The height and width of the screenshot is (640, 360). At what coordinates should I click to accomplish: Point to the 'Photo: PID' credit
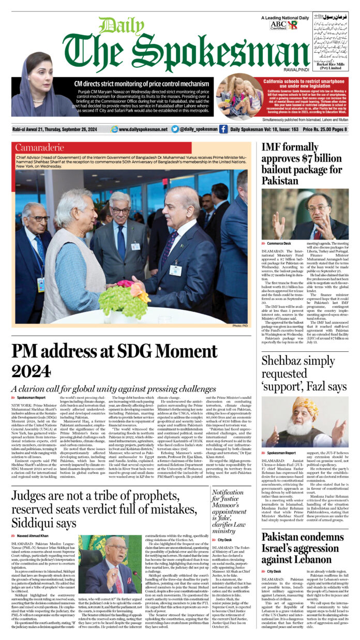click(x=241, y=325)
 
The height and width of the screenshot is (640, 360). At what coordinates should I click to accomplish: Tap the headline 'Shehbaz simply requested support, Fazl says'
click(x=303, y=373)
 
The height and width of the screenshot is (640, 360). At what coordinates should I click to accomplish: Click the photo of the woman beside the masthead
click(x=36, y=85)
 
